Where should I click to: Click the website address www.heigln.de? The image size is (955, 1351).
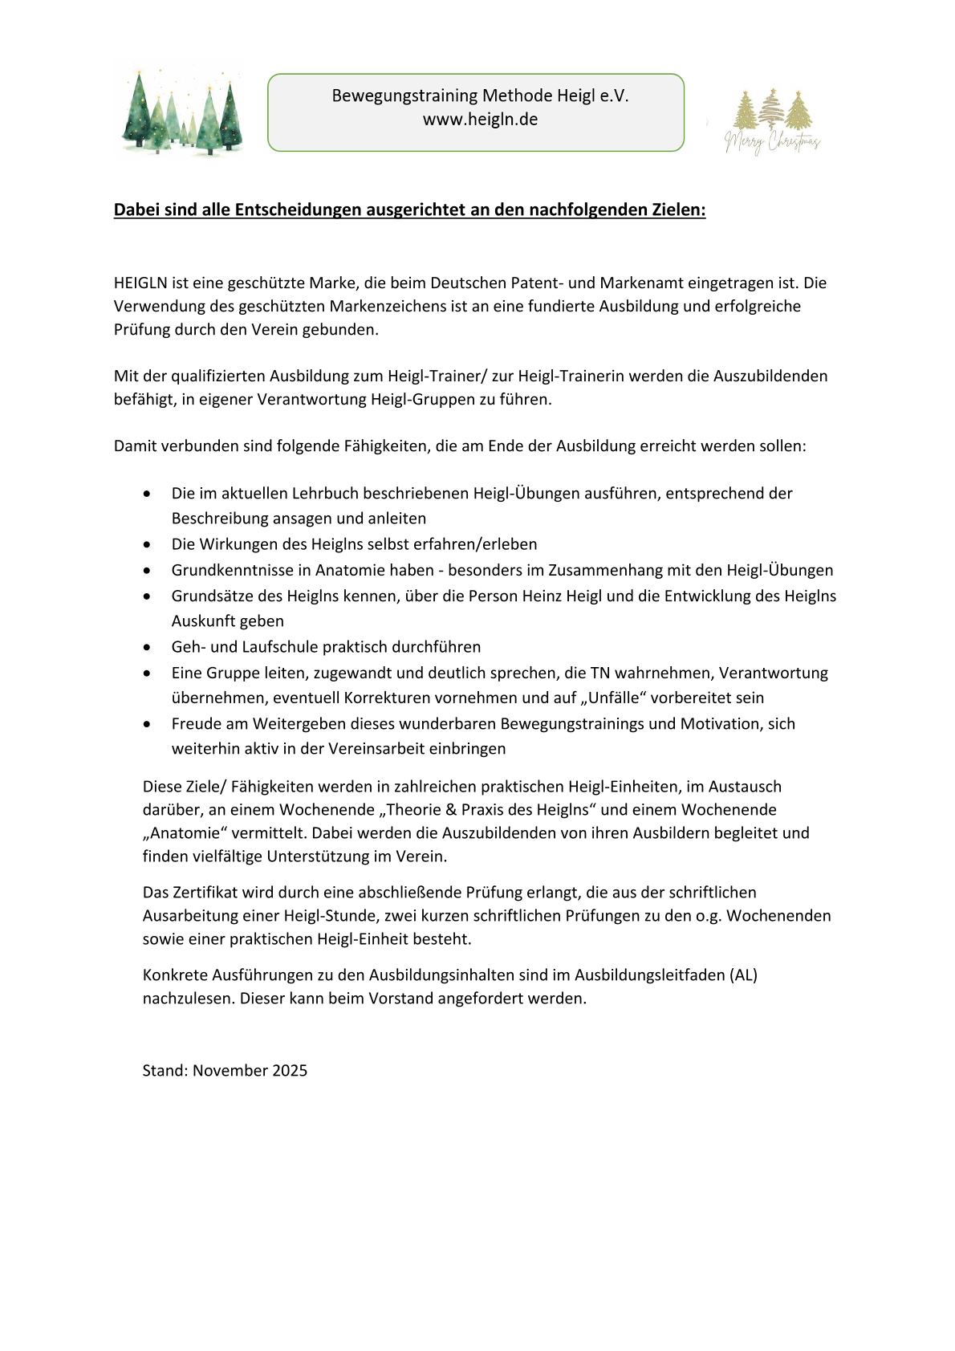pos(480,120)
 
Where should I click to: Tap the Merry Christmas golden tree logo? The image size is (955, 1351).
pos(772,121)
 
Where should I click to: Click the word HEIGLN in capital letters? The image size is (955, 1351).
pos(140,283)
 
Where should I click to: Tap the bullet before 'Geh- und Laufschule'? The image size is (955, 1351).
pos(147,647)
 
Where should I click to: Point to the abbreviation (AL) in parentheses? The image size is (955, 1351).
pos(743,975)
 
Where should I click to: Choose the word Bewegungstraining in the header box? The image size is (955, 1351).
pos(404,96)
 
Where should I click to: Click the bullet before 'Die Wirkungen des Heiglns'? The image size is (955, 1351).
pos(147,544)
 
